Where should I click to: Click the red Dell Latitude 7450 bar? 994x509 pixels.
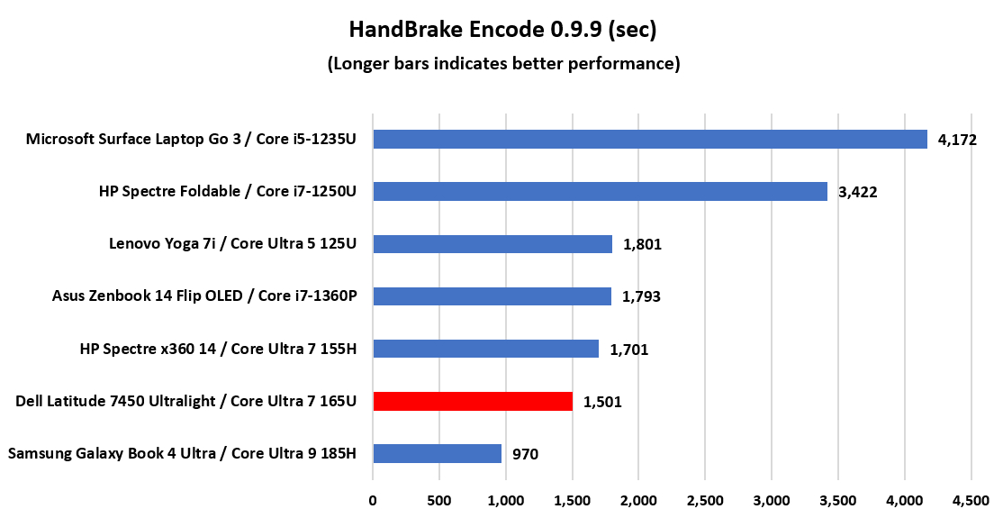[x=473, y=401]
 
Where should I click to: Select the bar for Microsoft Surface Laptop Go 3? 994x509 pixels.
[x=650, y=140]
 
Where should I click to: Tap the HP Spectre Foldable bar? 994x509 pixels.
[x=600, y=192]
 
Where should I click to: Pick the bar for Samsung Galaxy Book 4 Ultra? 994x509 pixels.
[x=437, y=453]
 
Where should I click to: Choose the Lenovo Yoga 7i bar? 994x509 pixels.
[x=492, y=244]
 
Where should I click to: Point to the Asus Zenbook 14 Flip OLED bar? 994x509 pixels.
[x=492, y=296]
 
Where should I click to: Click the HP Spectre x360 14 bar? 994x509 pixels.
[x=485, y=349]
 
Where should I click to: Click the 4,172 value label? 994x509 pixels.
[x=957, y=141]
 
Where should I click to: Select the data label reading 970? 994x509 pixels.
[x=524, y=454]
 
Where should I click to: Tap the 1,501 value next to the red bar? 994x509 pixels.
[x=602, y=402]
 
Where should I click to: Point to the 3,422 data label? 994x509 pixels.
[x=857, y=193]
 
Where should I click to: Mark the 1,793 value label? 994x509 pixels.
[x=642, y=297]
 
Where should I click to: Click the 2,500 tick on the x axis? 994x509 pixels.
[x=705, y=498]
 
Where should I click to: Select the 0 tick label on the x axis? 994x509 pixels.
[x=373, y=498]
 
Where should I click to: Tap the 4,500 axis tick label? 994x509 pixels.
[x=971, y=498]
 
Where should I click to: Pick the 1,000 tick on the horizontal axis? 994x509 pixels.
[x=506, y=498]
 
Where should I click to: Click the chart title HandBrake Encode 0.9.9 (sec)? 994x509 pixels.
[x=503, y=30]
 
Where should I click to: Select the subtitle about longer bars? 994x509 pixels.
[x=503, y=64]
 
